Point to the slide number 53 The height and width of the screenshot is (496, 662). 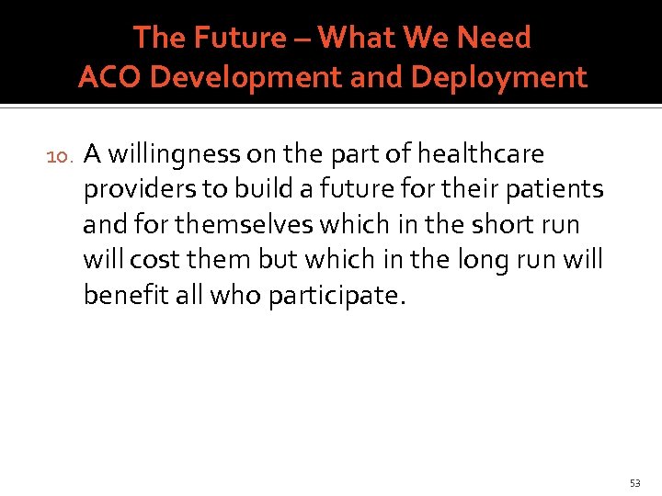coord(635,482)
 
